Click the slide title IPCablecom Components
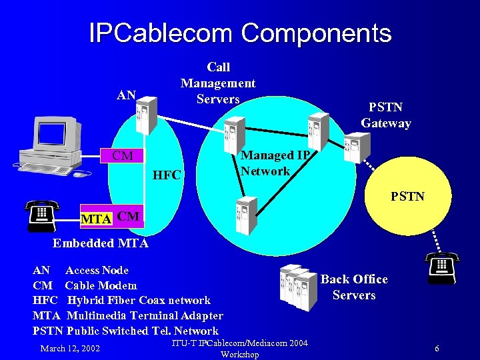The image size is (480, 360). (240, 33)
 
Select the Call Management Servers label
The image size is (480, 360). (218, 83)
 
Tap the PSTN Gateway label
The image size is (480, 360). (386, 115)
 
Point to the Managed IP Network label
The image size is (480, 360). (275, 163)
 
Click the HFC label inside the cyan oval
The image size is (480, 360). (167, 176)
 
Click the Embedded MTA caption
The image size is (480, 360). (101, 243)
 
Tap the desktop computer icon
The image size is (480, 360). (53, 147)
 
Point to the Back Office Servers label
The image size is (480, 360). (354, 287)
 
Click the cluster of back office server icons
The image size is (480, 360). (298, 286)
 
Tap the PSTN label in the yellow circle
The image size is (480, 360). (407, 197)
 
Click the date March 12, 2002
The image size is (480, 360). (70, 348)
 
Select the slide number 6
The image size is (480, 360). (437, 349)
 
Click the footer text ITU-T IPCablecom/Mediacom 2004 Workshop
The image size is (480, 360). (239, 349)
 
